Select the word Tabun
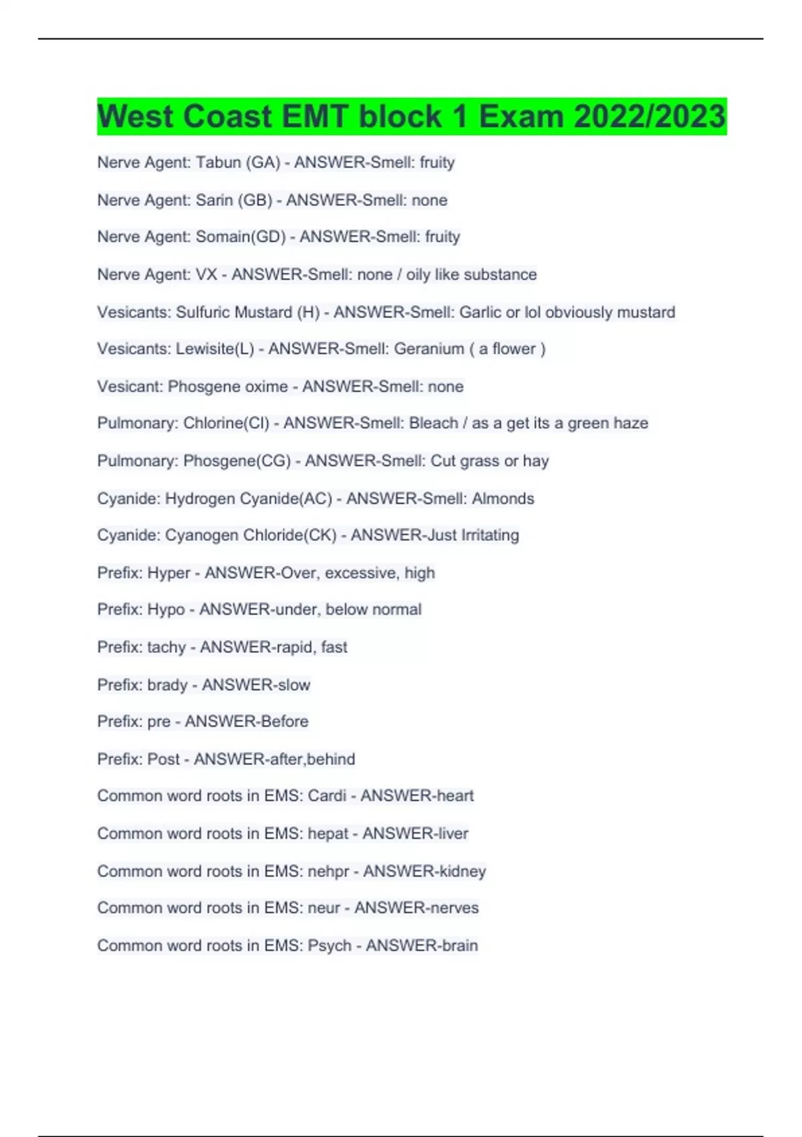tap(218, 163)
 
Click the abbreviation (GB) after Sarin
tap(255, 200)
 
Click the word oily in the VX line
tap(418, 274)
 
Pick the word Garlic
tap(481, 312)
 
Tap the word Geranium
tap(429, 349)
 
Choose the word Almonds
tap(503, 498)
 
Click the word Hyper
tap(168, 573)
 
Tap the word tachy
tap(166, 647)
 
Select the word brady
tap(167, 685)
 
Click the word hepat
tap(328, 833)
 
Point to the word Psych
tap(329, 946)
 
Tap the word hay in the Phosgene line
tap(536, 461)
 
